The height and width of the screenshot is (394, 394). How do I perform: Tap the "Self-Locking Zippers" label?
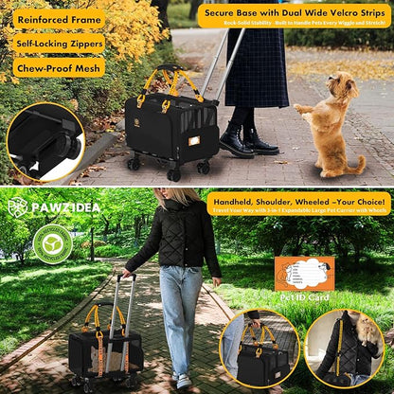click(59, 44)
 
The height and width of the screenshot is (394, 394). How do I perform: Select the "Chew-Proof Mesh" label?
click(59, 67)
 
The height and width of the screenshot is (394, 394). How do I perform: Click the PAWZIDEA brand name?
click(57, 207)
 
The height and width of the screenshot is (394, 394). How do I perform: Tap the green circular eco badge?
click(52, 243)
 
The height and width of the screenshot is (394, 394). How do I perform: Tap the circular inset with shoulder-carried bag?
click(345, 348)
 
